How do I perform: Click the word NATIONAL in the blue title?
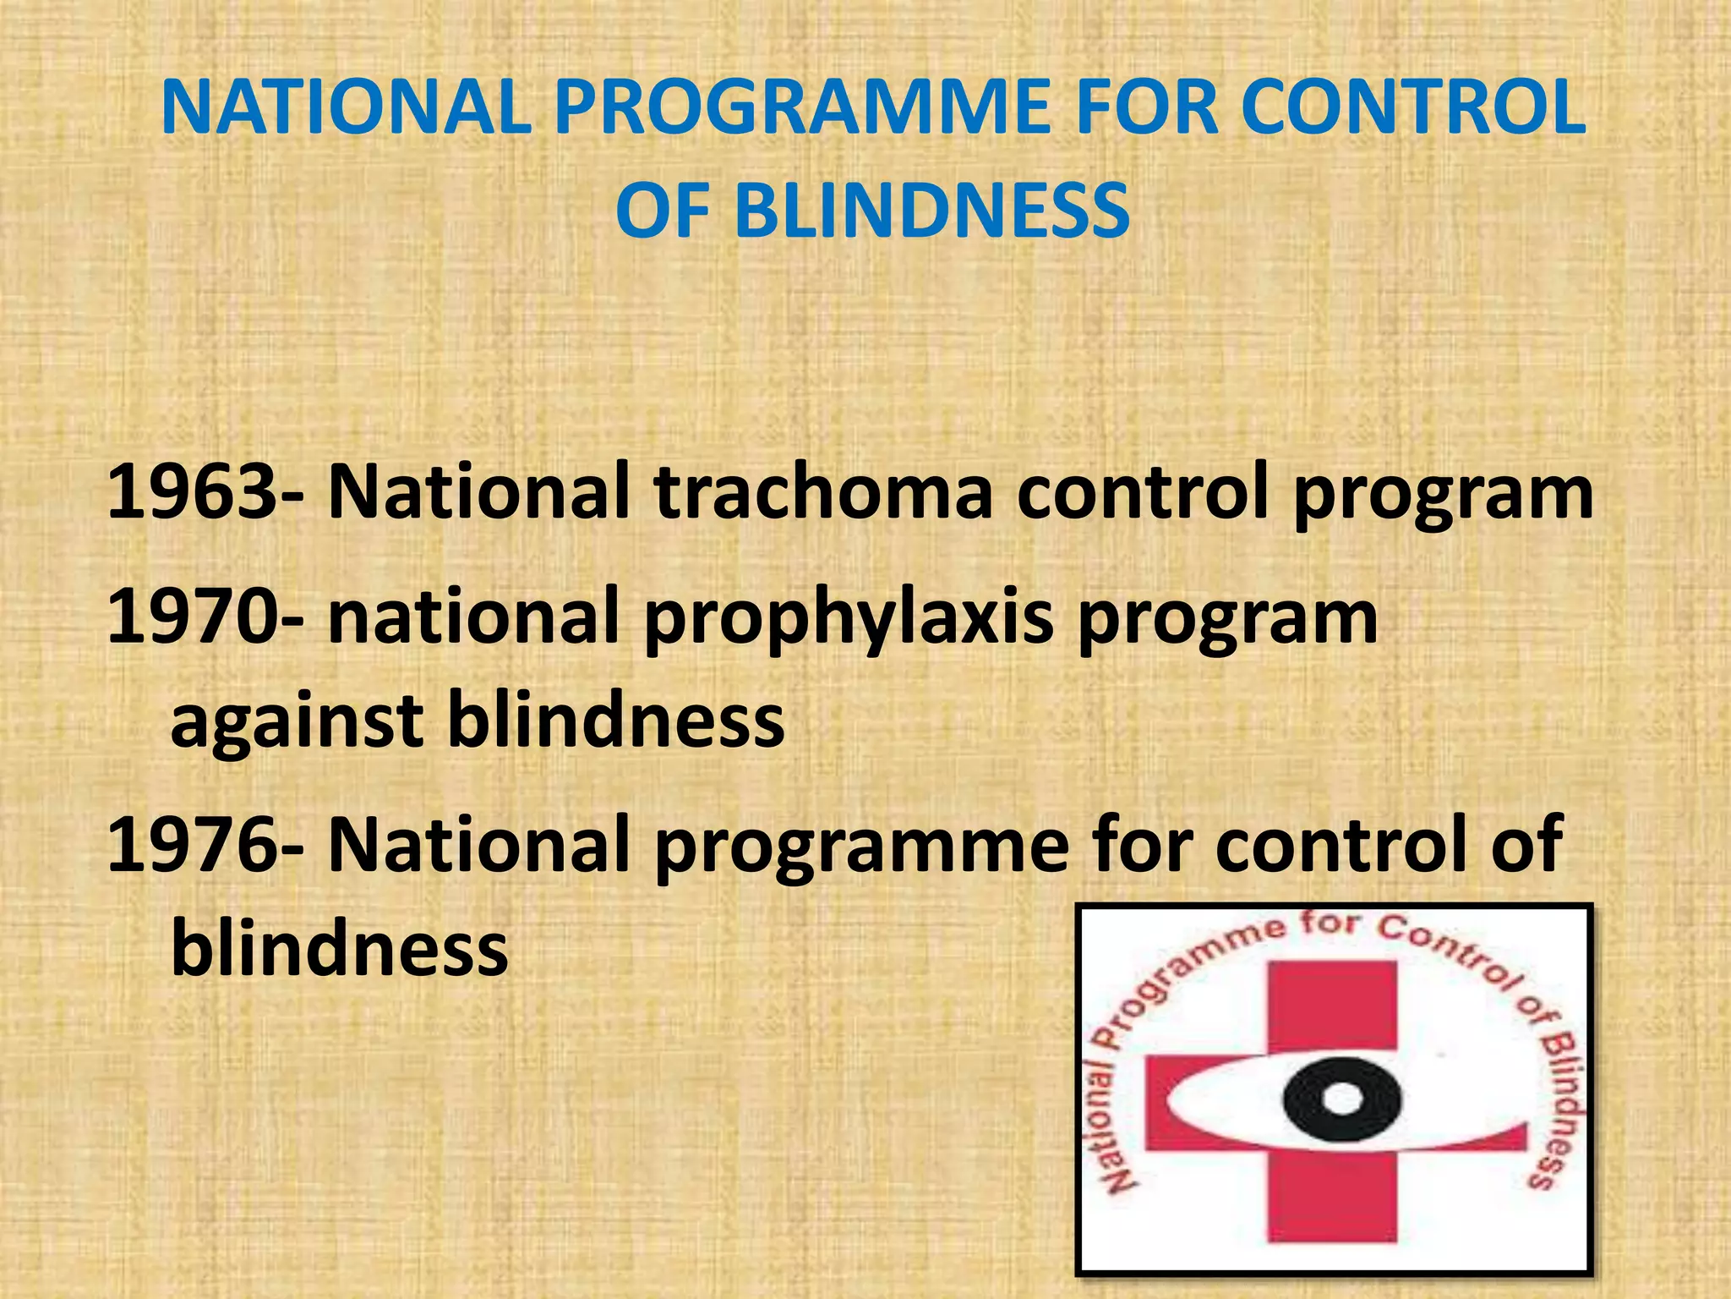pyautogui.click(x=347, y=108)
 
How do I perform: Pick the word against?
pyautogui.click(x=296, y=723)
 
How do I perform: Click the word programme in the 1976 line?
pyautogui.click(x=862, y=846)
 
